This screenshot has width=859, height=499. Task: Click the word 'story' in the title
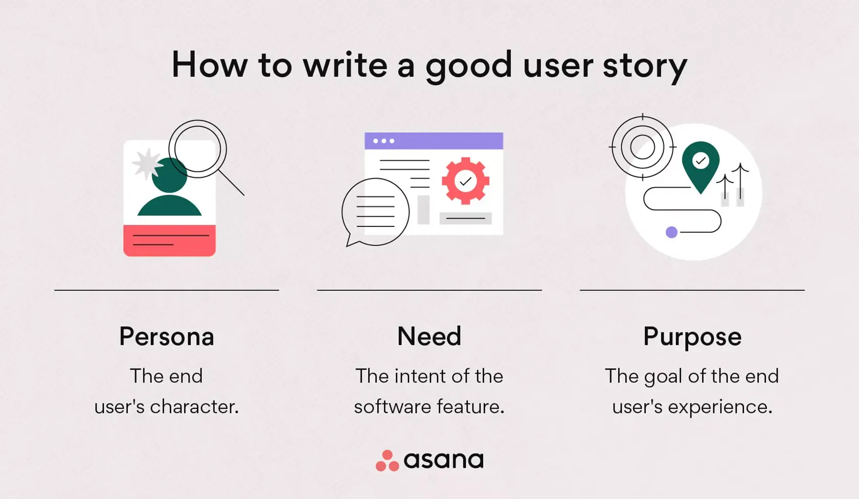645,66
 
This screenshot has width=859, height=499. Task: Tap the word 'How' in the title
209,65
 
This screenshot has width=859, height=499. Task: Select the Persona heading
167,336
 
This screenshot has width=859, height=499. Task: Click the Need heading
429,336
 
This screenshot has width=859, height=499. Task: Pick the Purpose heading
692,336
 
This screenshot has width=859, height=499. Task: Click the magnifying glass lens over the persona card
198,149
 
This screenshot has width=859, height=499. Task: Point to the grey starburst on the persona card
146,164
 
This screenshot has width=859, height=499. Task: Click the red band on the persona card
169,240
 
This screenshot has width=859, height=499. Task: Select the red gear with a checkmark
465,181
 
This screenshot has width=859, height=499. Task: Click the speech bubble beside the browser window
375,212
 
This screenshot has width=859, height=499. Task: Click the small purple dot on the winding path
671,232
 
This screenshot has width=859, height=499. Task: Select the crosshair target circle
642,147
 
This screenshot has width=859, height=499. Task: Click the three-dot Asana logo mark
387,461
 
